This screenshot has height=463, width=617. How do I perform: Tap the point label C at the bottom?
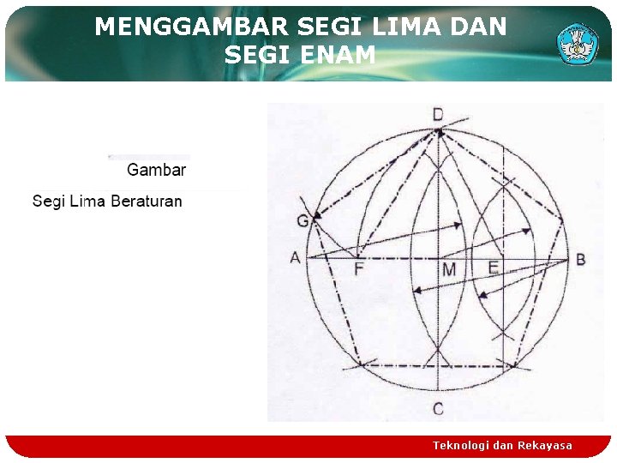point(438,409)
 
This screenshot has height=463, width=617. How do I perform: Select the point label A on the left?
point(296,258)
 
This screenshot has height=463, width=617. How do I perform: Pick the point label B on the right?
point(581,259)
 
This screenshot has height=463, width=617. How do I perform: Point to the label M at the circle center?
point(449,271)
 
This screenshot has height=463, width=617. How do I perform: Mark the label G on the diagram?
point(303,222)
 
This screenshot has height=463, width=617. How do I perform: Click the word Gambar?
point(156,170)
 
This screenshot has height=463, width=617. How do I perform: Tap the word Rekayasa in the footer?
point(545,446)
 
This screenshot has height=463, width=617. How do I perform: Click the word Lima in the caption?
point(88,201)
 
